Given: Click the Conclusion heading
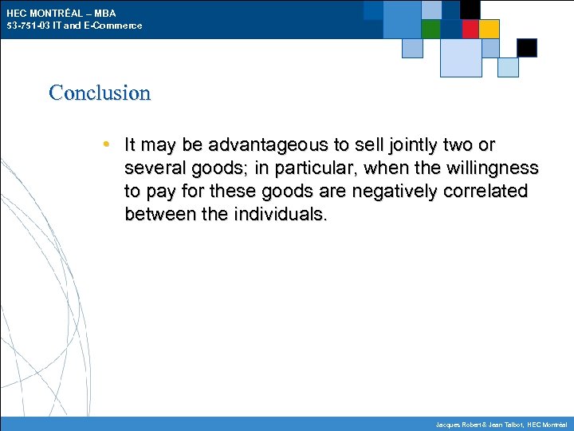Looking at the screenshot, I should [100, 93].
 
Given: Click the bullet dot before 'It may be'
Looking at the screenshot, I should [107, 144].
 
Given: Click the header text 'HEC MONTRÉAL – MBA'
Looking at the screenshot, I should [61, 14].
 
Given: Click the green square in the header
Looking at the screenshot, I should [431, 30].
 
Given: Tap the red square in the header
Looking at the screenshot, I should [470, 30].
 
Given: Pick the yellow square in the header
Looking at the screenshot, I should [489, 30].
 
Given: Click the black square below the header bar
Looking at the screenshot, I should [527, 48].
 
